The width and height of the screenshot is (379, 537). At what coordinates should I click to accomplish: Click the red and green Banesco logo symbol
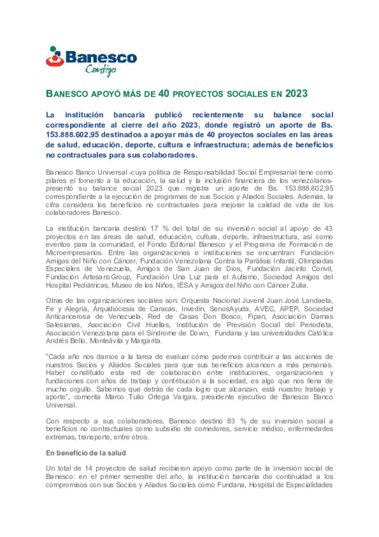pyautogui.click(x=55, y=57)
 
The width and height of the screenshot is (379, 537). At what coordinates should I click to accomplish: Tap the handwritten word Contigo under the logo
pyautogui.click(x=101, y=70)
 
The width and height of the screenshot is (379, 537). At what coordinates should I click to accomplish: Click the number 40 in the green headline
pyautogui.click(x=164, y=93)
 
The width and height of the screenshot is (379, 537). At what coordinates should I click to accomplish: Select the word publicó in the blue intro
pyautogui.click(x=168, y=115)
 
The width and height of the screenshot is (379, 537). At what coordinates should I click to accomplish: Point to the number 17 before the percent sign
pyautogui.click(x=154, y=229)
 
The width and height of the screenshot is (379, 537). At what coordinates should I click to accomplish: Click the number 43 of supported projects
pyautogui.click(x=328, y=229)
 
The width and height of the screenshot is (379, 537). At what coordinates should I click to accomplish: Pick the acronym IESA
pyautogui.click(x=185, y=285)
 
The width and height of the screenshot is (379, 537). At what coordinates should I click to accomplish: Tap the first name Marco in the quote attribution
pyautogui.click(x=114, y=397)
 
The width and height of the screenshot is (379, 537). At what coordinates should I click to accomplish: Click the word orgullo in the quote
pyautogui.click(x=81, y=389)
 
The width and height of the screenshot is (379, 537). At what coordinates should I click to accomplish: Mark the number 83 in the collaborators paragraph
pyautogui.click(x=231, y=421)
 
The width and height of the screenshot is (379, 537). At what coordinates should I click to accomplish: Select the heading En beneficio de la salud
pyautogui.click(x=86, y=453)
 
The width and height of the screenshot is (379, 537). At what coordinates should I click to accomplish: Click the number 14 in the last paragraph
pyautogui.click(x=88, y=468)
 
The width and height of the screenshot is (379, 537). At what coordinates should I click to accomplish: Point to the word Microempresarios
pyautogui.click(x=74, y=253)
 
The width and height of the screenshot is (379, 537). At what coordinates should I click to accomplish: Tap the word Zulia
pyautogui.click(x=299, y=285)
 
